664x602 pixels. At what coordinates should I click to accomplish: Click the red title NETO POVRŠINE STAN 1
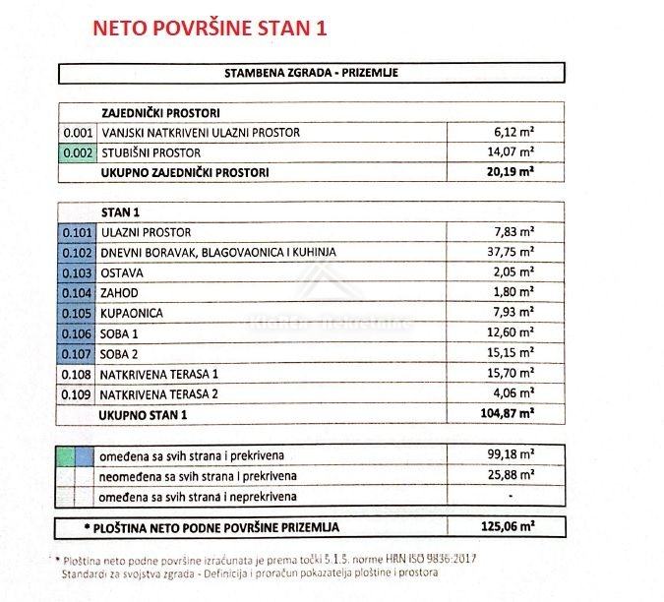pyautogui.click(x=209, y=28)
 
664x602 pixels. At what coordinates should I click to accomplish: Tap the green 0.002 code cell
pyautogui.click(x=77, y=152)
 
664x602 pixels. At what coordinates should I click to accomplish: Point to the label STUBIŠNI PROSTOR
pyautogui.click(x=151, y=152)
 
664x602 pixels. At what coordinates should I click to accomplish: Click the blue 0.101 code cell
pyautogui.click(x=77, y=232)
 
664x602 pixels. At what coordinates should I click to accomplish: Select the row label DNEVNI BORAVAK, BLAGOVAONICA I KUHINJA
pyautogui.click(x=217, y=252)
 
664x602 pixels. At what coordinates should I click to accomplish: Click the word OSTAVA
pyautogui.click(x=123, y=272)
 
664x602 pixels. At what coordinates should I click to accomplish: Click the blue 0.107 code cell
pyautogui.click(x=77, y=353)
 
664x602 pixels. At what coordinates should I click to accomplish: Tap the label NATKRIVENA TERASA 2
pyautogui.click(x=160, y=394)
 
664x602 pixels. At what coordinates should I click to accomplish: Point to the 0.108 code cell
pyautogui.click(x=77, y=374)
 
